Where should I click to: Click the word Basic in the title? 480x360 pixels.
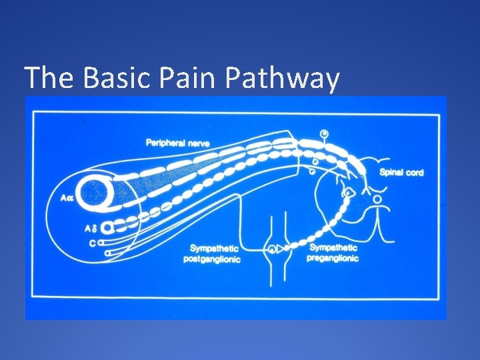pyautogui.click(x=118, y=79)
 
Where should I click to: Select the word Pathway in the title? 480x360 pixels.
pyautogui.click(x=283, y=79)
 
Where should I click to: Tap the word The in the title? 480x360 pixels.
pyautogui.click(x=51, y=79)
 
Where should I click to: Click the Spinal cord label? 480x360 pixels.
pyautogui.click(x=401, y=173)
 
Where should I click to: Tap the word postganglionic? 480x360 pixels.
pyautogui.click(x=213, y=259)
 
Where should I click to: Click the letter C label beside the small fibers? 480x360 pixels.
pyautogui.click(x=92, y=243)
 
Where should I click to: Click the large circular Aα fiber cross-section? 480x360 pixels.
pyautogui.click(x=97, y=191)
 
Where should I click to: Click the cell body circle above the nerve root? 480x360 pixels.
pyautogui.click(x=324, y=134)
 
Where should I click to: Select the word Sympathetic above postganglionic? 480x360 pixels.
pyautogui.click(x=213, y=249)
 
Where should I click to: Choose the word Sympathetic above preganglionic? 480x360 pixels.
pyautogui.click(x=333, y=249)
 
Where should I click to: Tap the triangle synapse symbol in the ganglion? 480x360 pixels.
pyautogui.click(x=282, y=251)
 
